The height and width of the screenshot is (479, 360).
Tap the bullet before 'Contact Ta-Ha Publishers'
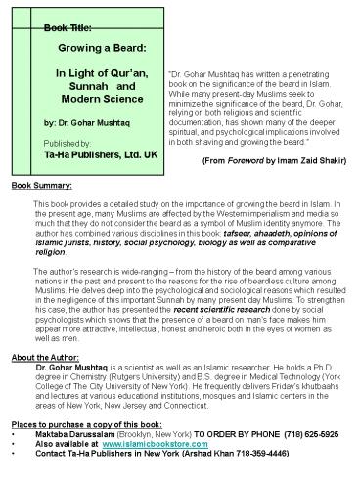pyautogui.click(x=8, y=456)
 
